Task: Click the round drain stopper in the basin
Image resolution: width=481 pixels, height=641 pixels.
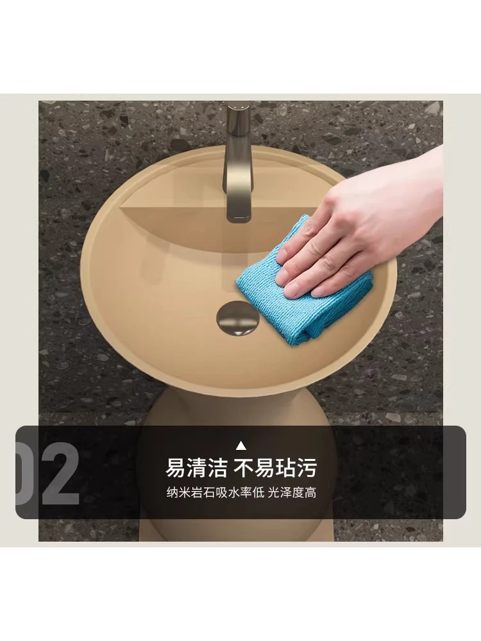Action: [235, 315]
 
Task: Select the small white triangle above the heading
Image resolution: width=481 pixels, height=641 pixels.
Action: [241, 445]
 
